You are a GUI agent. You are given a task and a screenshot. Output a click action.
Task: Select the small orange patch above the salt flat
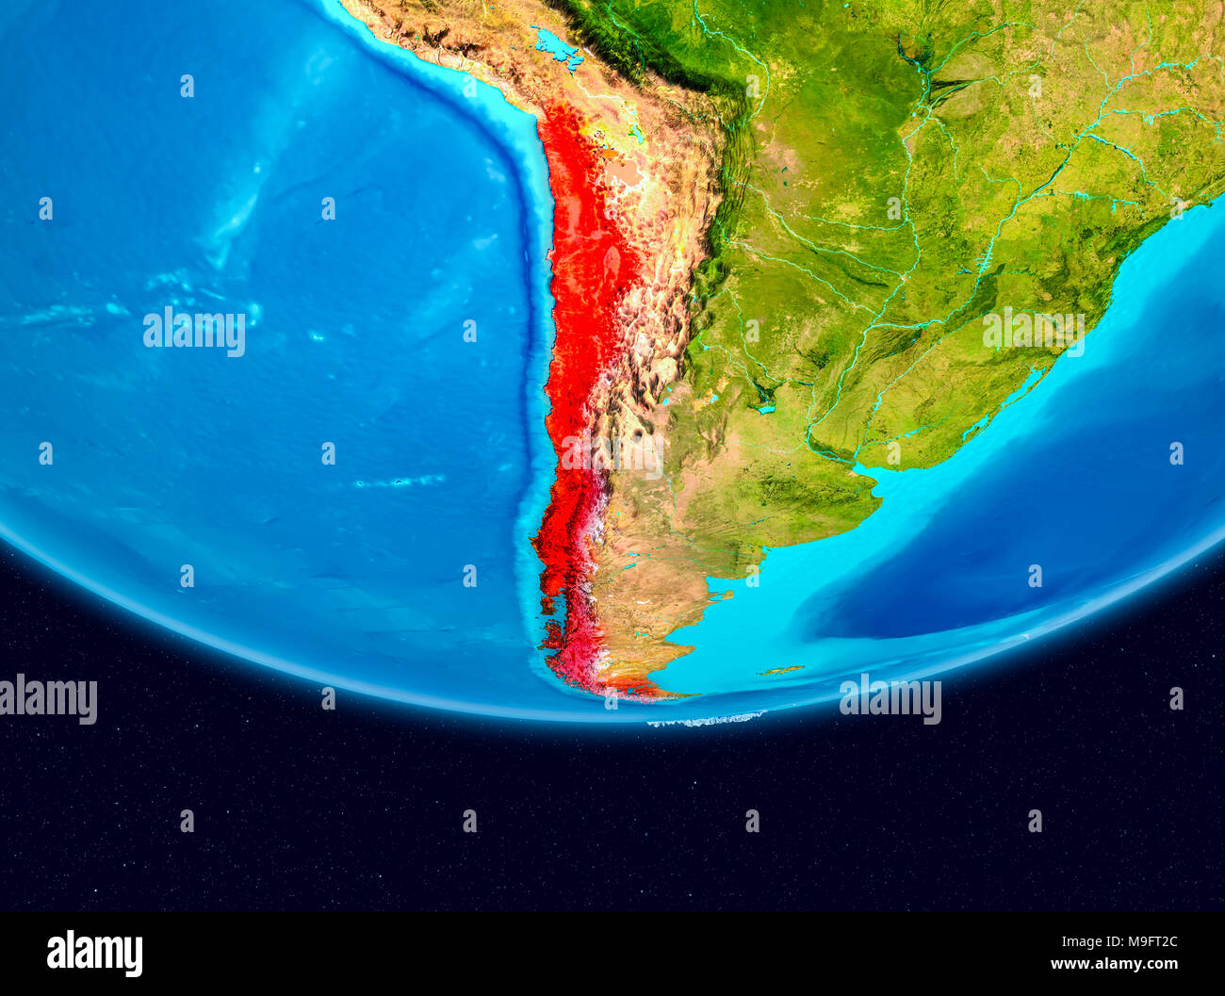pos(607,150)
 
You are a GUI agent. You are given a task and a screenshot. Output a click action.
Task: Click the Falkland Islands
pos(781,671)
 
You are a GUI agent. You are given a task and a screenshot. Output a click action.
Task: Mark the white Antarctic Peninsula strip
pos(705,721)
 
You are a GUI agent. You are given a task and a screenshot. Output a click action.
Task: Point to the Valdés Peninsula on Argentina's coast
pos(722,596)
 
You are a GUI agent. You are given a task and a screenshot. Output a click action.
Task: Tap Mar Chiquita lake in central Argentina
pos(765,408)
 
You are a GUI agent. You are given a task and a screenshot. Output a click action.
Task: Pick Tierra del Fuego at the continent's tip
pos(641,688)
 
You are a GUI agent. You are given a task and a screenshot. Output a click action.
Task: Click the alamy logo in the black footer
pos(94,953)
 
